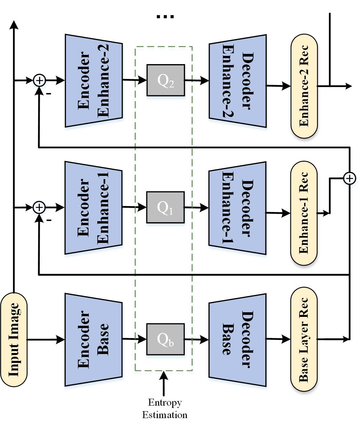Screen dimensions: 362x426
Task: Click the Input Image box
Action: (x=13, y=340)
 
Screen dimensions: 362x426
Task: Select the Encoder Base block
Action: (x=94, y=340)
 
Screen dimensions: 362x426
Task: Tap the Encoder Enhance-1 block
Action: (x=94, y=208)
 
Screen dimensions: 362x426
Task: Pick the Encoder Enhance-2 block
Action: (x=94, y=81)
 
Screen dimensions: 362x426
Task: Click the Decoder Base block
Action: (x=237, y=340)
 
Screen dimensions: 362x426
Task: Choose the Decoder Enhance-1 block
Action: (x=237, y=208)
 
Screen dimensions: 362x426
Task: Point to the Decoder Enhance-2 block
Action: (x=238, y=81)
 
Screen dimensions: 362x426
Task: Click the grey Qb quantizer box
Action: (x=165, y=339)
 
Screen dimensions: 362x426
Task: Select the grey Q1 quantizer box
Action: (x=165, y=207)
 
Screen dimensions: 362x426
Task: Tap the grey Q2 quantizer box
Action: (x=166, y=80)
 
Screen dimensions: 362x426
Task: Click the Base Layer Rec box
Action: (x=304, y=340)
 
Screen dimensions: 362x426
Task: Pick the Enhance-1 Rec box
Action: (x=304, y=213)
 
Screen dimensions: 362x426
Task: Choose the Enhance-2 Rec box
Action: (x=304, y=86)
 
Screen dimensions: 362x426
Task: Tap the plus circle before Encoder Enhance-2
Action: (x=39, y=81)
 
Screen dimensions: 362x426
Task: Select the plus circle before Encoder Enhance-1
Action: (x=39, y=207)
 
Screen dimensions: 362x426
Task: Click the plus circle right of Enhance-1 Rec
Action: (x=350, y=178)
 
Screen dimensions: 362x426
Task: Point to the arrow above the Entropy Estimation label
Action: (x=164, y=384)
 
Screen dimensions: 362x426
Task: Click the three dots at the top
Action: (x=165, y=17)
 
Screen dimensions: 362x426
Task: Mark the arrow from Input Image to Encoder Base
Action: (x=46, y=340)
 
